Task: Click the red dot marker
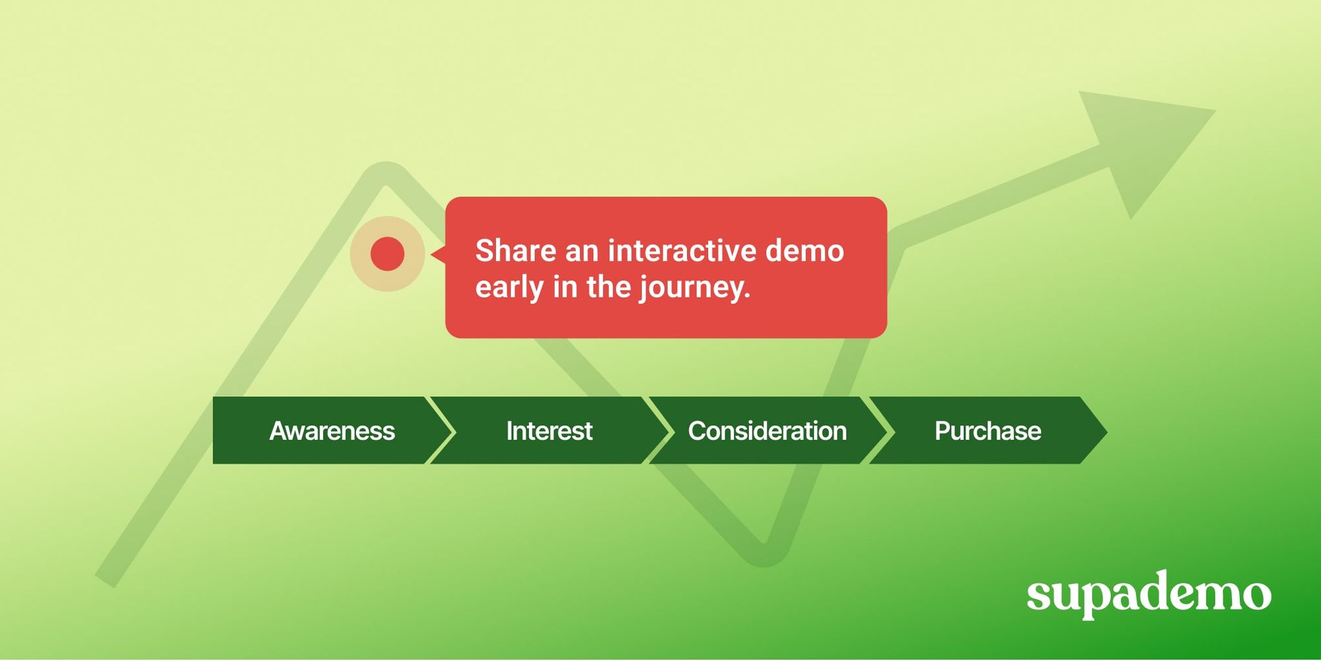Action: [387, 254]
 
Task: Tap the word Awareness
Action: [332, 431]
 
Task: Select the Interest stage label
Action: [549, 431]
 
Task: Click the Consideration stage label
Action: [767, 431]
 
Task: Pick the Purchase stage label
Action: [987, 431]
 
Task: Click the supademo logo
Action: [1149, 594]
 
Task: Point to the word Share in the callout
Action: [515, 251]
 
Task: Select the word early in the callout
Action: [509, 287]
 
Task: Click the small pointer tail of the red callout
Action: [437, 254]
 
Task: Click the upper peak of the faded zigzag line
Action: [386, 174]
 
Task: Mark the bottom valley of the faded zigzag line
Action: [764, 553]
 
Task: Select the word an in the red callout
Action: [582, 251]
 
